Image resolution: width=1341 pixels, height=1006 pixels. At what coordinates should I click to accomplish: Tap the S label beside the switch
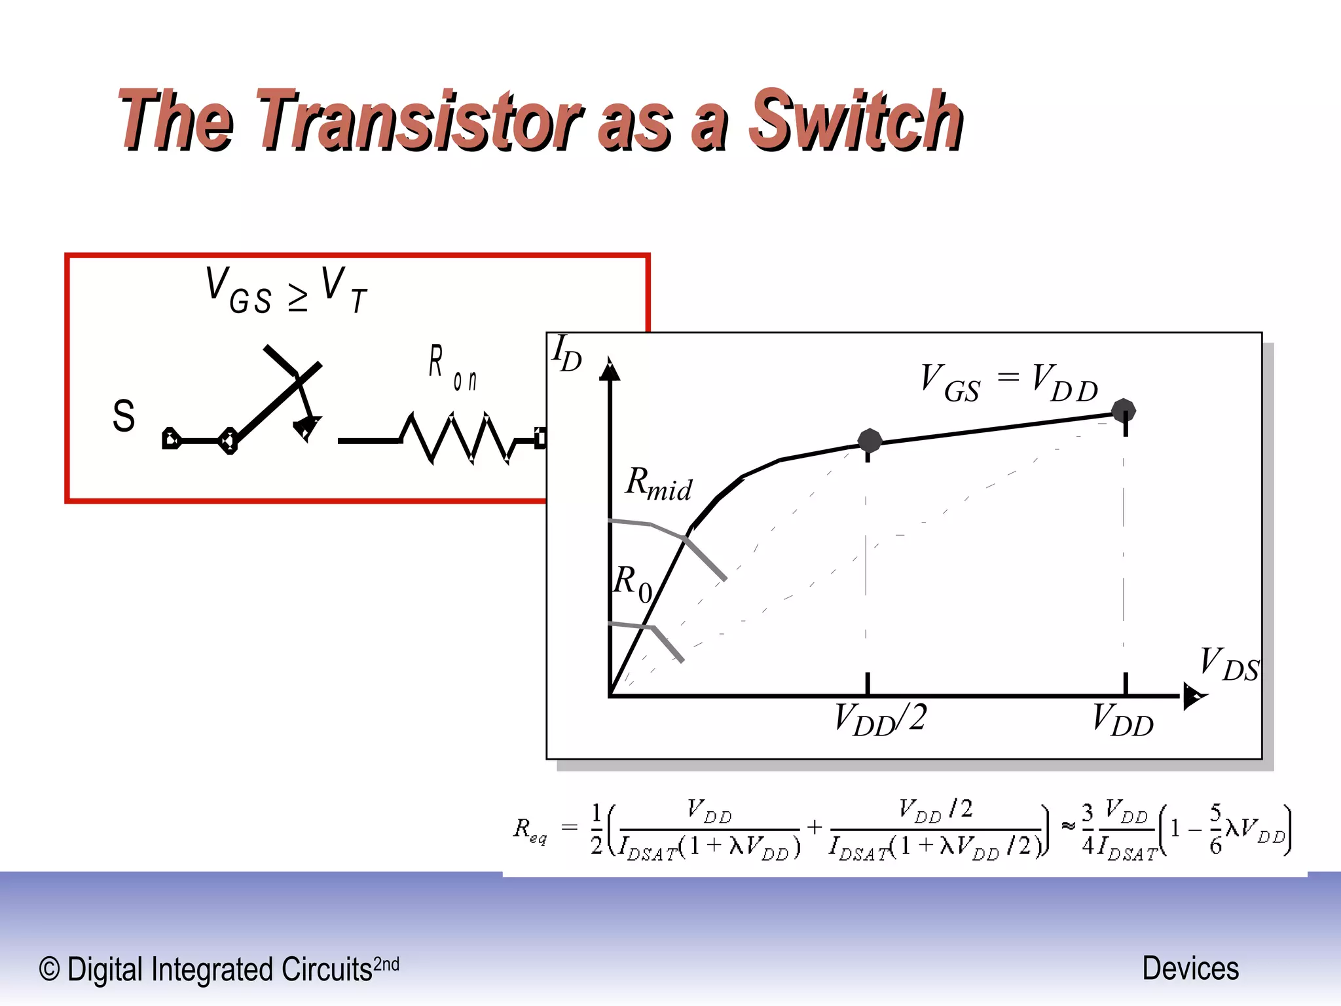click(124, 416)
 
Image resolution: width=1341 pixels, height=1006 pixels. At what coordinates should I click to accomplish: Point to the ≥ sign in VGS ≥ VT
click(298, 298)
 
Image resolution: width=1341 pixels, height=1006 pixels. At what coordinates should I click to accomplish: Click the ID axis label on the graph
click(566, 354)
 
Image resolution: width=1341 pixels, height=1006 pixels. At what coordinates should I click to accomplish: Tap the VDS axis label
click(1228, 664)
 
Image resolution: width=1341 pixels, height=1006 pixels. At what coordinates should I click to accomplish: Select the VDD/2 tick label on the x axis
click(881, 719)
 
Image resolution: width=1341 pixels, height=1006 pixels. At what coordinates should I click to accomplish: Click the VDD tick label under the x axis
click(1123, 720)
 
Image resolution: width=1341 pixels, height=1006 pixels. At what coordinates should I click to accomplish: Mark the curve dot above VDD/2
click(870, 441)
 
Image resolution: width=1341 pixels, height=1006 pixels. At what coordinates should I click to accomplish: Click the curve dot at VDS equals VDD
click(1124, 411)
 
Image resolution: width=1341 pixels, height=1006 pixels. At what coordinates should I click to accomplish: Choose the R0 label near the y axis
click(633, 583)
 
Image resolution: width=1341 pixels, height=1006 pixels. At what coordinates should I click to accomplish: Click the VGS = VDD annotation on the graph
click(1008, 382)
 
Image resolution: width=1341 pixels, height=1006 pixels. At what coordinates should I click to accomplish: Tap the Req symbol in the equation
click(529, 830)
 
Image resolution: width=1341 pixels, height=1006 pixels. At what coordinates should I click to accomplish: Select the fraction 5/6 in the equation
click(1215, 829)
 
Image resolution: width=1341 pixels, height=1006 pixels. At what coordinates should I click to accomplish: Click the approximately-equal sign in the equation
click(1068, 827)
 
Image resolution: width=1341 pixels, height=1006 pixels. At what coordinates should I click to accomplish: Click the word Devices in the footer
click(1190, 969)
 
